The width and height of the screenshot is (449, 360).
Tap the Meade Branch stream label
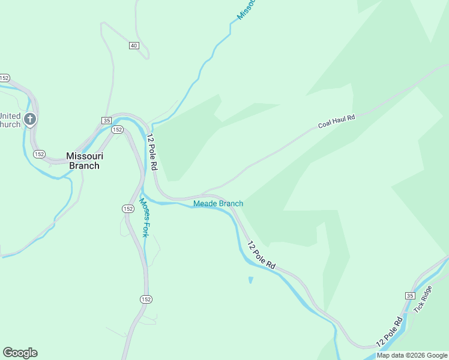(218, 203)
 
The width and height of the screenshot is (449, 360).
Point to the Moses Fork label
(145, 217)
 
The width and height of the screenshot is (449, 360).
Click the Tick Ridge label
(423, 299)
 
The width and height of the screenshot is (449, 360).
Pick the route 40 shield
(133, 46)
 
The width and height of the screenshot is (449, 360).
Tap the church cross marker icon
(31, 119)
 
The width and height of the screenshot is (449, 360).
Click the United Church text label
(10, 120)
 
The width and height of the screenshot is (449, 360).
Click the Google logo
(20, 352)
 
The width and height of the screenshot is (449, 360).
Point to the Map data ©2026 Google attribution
(412, 355)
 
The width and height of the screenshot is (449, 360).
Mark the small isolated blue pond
(250, 280)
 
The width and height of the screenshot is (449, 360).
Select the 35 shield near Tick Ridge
(409, 296)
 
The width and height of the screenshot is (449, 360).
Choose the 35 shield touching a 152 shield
(106, 121)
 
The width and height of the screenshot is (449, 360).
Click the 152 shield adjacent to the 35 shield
(117, 130)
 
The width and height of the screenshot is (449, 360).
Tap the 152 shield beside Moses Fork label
(127, 208)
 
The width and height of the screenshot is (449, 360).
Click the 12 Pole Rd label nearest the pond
(262, 254)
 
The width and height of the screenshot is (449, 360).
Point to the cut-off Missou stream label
(247, 10)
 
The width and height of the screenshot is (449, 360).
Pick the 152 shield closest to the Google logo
(146, 299)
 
